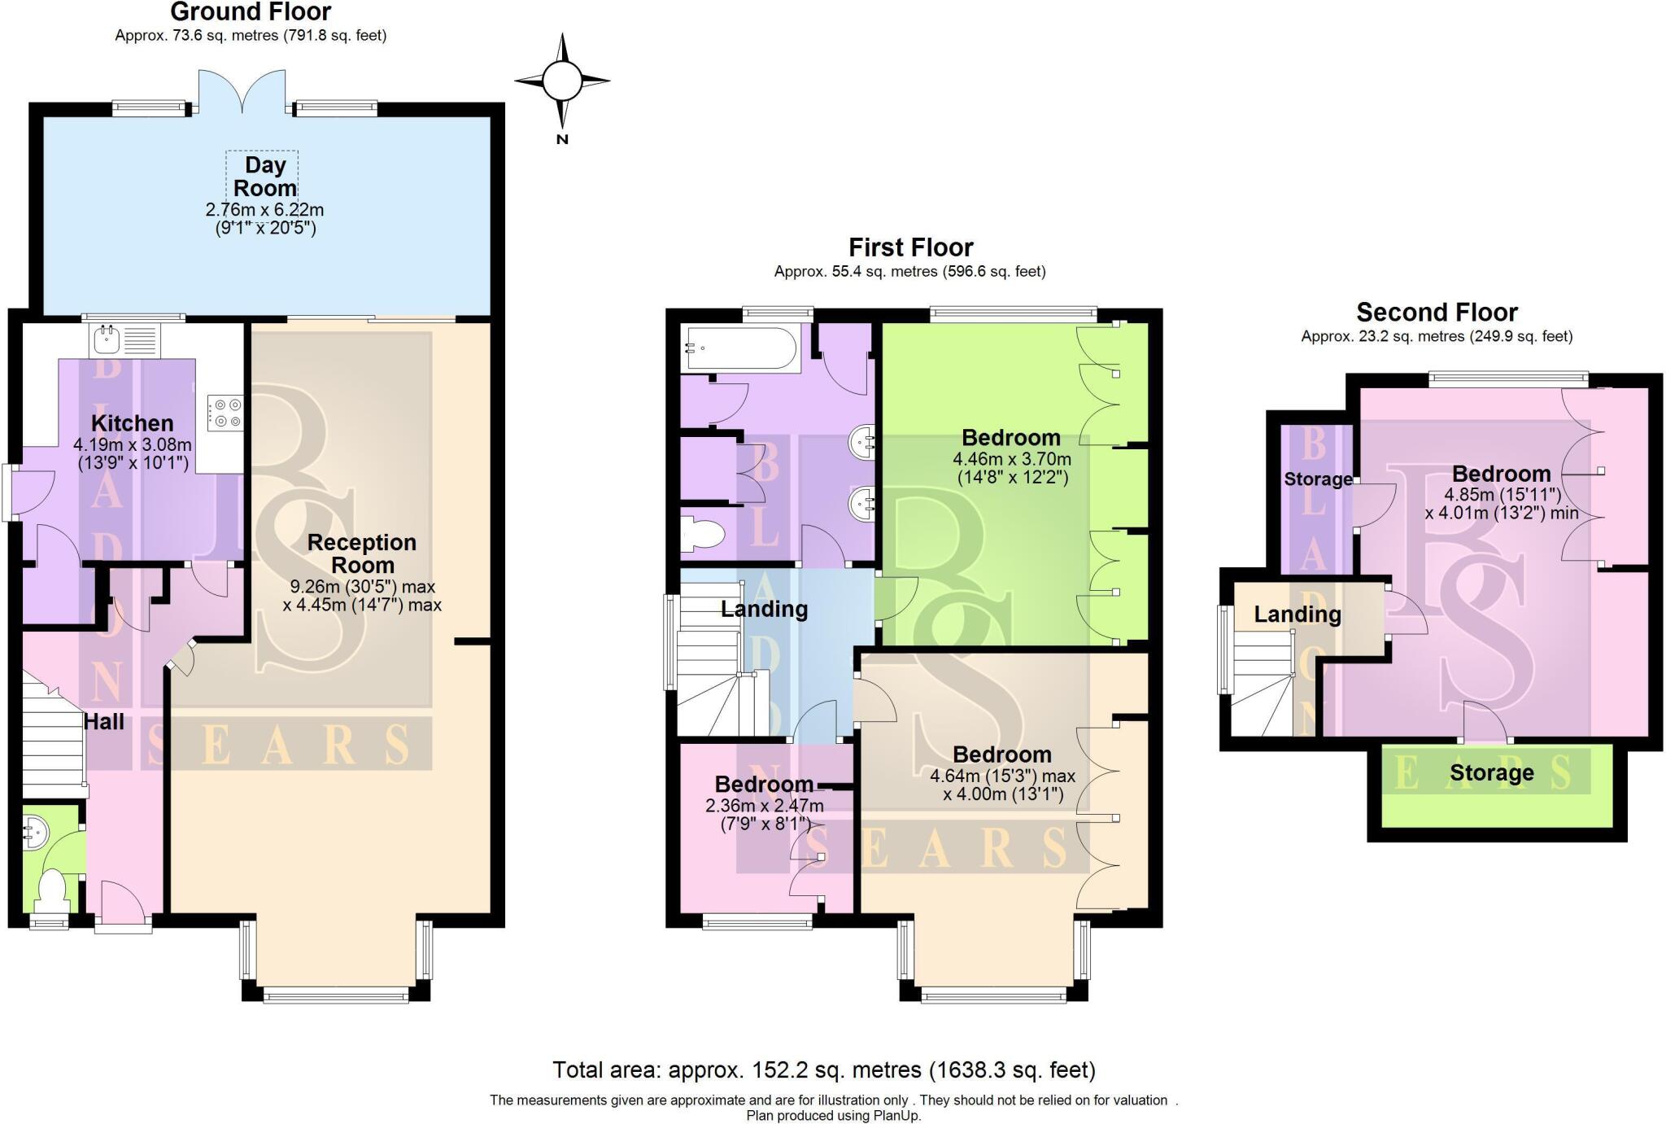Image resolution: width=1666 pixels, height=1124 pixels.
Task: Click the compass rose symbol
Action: click(562, 81)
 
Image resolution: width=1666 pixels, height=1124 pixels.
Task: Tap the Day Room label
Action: click(264, 177)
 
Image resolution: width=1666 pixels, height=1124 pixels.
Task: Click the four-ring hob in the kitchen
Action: click(225, 411)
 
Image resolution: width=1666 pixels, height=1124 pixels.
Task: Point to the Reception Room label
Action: click(362, 553)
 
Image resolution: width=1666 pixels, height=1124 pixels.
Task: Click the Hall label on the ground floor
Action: click(104, 722)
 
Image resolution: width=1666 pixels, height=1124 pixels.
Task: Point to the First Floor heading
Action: click(910, 247)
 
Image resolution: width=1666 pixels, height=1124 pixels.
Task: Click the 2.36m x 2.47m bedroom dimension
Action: click(764, 806)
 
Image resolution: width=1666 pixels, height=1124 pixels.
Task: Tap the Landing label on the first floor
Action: click(764, 609)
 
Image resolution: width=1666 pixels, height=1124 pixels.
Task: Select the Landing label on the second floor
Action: click(1297, 614)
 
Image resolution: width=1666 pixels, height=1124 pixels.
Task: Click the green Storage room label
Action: click(1491, 772)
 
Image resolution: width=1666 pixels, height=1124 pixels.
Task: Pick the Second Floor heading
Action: click(1437, 313)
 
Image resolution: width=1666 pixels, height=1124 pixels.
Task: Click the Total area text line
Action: click(823, 1069)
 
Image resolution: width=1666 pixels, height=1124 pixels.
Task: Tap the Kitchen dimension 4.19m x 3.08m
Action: click(133, 445)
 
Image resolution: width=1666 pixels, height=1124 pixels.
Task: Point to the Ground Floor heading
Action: click(251, 12)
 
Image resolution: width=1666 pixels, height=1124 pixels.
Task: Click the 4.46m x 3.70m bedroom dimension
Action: click(1011, 459)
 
